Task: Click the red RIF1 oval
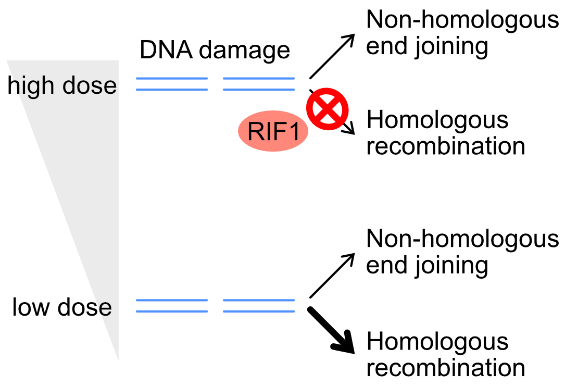coord(273,132)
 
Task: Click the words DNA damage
coord(215,51)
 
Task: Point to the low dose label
coord(62,307)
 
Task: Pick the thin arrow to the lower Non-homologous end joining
coord(332,276)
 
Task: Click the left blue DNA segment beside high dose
coord(172,84)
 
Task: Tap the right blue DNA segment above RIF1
coord(259,84)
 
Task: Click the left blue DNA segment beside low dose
coord(172,306)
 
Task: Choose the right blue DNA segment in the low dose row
coord(259,306)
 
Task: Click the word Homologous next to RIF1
coord(437,120)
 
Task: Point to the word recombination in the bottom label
coord(446,368)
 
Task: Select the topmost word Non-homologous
coord(462,20)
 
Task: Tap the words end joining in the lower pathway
coord(427,266)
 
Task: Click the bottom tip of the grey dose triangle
coord(118,358)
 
